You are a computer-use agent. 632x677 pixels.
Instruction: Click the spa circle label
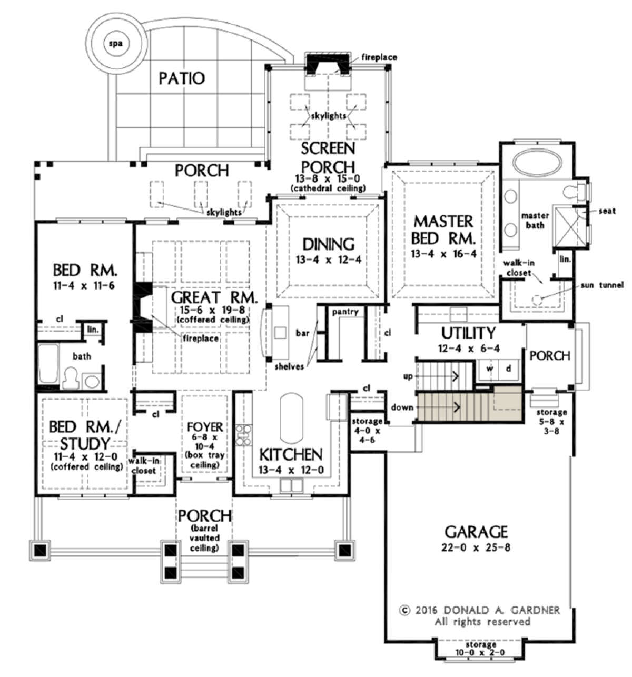pyautogui.click(x=116, y=44)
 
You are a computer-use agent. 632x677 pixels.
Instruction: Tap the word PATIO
pyautogui.click(x=182, y=78)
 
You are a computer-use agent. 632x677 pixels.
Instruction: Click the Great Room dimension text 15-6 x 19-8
pyautogui.click(x=213, y=310)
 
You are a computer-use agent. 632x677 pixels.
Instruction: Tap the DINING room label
pyautogui.click(x=329, y=244)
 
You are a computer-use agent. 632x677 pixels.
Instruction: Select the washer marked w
pyautogui.click(x=490, y=369)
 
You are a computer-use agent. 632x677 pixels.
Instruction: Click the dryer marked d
pyautogui.click(x=509, y=369)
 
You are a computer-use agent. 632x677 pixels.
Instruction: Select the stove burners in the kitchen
pyautogui.click(x=243, y=435)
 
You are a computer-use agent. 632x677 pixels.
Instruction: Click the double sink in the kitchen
pyautogui.click(x=291, y=485)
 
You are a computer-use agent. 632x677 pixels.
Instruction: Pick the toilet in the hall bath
pyautogui.click(x=70, y=379)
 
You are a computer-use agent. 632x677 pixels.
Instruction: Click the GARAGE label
pyautogui.click(x=476, y=532)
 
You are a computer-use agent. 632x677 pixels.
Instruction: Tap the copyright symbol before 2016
pyautogui.click(x=404, y=610)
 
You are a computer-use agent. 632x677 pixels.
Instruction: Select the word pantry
pyautogui.click(x=345, y=312)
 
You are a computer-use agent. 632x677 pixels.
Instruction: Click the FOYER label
pyautogui.click(x=205, y=427)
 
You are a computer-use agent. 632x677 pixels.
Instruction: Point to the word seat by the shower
pyautogui.click(x=607, y=211)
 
